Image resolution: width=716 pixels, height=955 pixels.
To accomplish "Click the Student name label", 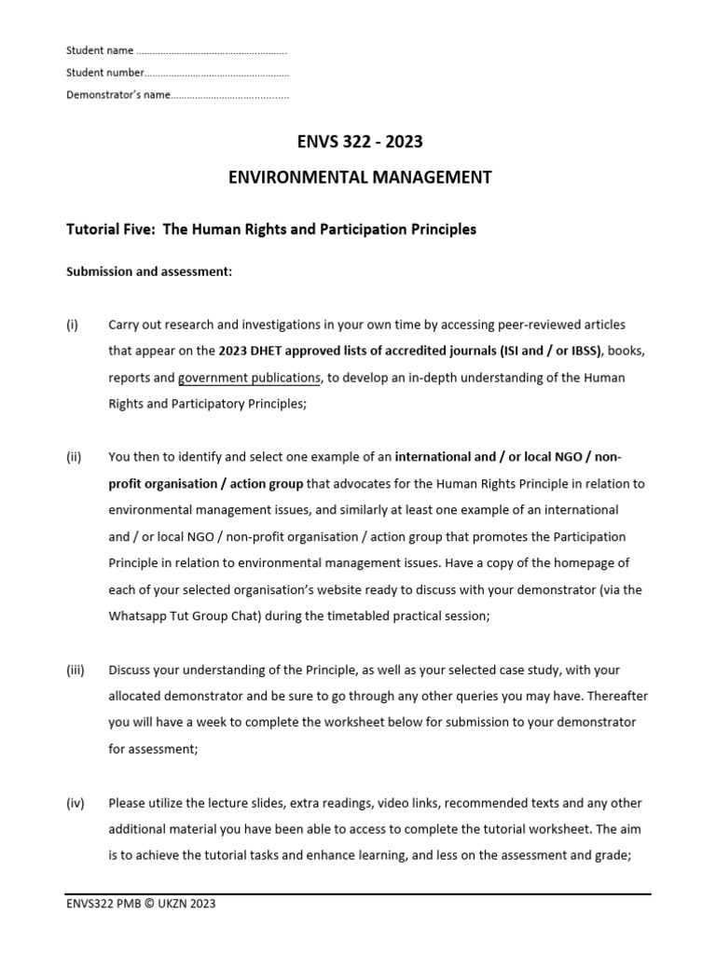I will click(100, 50).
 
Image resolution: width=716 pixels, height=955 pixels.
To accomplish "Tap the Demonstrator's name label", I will click(118, 95).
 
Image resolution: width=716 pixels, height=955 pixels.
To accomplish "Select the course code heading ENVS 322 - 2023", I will click(359, 143).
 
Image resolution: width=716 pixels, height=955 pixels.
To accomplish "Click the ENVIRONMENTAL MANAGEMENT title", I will click(360, 177).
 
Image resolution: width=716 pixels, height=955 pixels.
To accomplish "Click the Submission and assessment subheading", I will click(148, 272).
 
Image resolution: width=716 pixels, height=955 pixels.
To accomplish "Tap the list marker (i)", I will click(73, 325).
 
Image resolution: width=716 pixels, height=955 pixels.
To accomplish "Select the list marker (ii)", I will click(75, 457).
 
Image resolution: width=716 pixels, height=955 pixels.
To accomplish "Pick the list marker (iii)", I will click(76, 670).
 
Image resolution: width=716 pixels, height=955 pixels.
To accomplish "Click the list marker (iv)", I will click(76, 802).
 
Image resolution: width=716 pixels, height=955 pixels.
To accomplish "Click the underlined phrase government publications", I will click(249, 378).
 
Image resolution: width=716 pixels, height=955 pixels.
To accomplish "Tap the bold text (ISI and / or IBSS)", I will click(542, 352).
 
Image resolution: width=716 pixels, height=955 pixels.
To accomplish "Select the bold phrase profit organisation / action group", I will click(206, 484).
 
